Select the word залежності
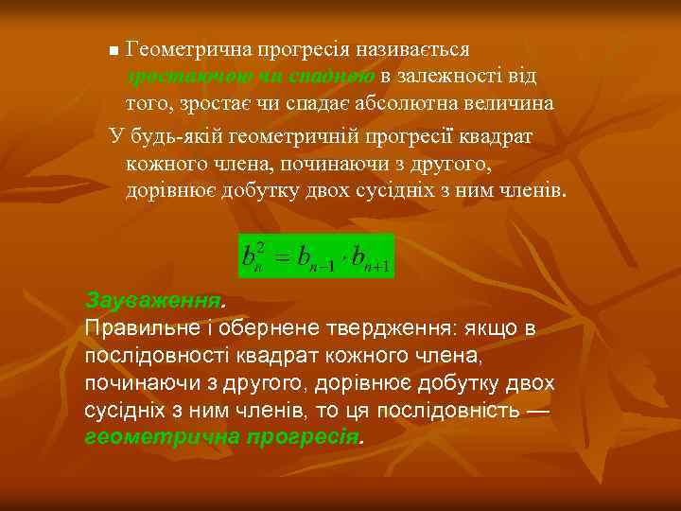451,75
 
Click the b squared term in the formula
253,256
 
